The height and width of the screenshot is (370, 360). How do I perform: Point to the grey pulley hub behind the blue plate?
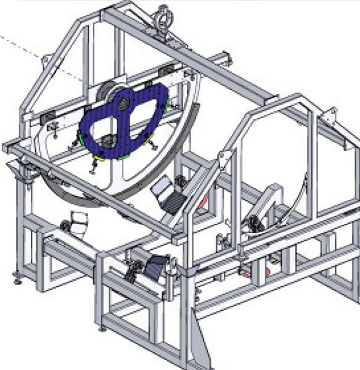(x=111, y=92)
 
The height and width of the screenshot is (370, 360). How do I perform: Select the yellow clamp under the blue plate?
(x=96, y=158)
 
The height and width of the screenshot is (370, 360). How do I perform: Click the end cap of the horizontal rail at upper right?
(x=227, y=57)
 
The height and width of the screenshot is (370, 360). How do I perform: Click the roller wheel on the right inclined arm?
(x=252, y=221)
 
